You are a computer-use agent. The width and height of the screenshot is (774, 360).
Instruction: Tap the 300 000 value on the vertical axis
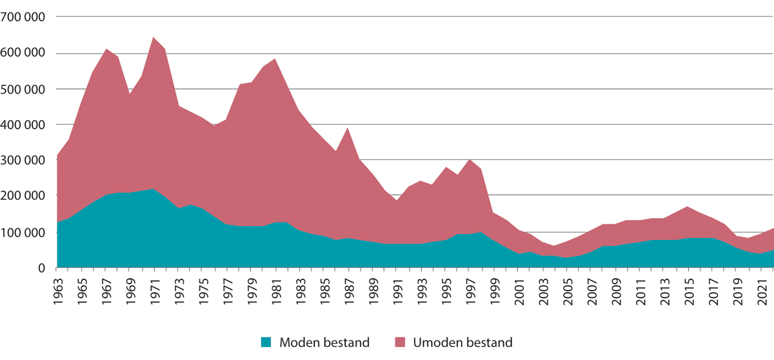[23, 160]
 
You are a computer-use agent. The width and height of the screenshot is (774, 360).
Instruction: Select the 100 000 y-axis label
[23, 232]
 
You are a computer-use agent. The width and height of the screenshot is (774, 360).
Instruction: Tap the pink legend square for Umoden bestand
[401, 343]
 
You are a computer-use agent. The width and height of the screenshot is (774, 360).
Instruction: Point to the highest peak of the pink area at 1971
[152, 38]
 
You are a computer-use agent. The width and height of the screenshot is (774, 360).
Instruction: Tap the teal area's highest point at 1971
[152, 190]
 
